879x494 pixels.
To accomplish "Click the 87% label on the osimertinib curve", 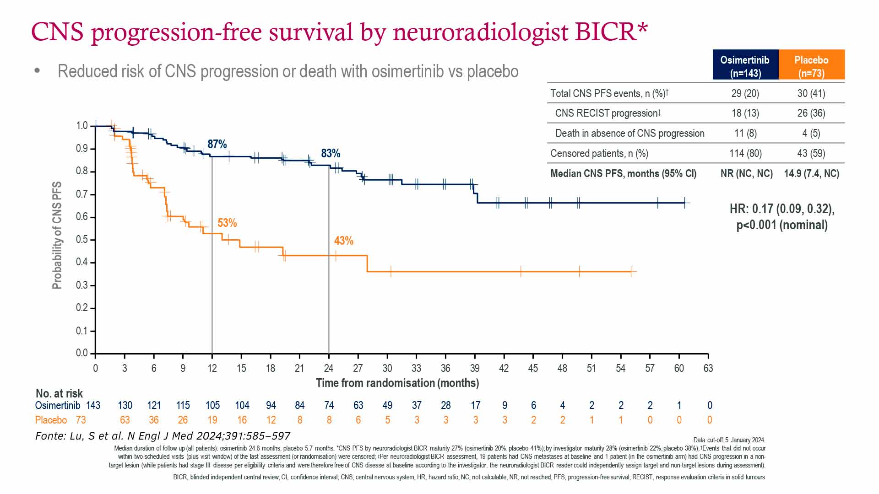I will tap(217, 144).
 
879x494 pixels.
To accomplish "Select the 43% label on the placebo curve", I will tap(343, 241).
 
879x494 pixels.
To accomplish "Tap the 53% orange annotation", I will tap(227, 223).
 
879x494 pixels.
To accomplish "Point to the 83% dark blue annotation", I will tap(331, 153).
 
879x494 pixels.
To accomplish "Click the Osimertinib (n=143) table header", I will tap(745, 66).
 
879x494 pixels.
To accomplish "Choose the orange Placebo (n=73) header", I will tap(811, 66).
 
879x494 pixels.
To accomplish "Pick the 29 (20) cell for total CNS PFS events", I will tap(745, 93).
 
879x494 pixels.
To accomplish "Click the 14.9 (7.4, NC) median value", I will tap(811, 173).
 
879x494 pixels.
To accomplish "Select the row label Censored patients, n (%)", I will tap(599, 153).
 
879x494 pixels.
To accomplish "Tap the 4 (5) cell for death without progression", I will tap(811, 133).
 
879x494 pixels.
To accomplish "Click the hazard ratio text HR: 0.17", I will tap(782, 209).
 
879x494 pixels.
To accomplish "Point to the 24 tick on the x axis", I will tap(329, 368).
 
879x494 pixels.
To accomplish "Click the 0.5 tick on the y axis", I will tap(82, 240).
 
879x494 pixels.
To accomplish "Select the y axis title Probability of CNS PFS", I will tap(57, 236).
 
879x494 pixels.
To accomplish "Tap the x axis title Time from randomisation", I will tap(397, 383).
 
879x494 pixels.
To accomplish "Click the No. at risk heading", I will tap(59, 393).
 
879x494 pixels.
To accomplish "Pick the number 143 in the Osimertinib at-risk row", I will tap(93, 405).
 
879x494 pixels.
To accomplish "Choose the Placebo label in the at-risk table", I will tap(51, 420).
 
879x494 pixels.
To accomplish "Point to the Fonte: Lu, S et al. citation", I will tap(163, 436).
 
